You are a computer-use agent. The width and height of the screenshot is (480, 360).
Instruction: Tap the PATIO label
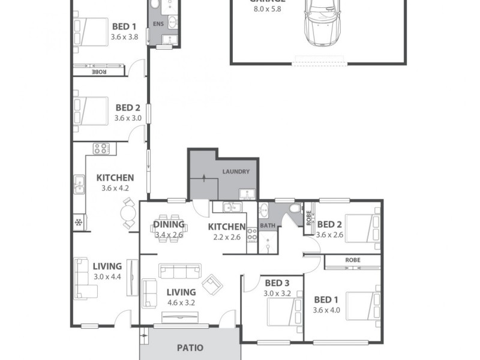(x=190, y=347)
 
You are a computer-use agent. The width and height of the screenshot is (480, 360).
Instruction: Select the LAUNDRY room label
(x=236, y=172)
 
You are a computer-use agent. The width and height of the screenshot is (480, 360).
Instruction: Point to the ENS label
(x=158, y=24)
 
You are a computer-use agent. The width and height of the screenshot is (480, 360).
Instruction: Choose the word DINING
(x=164, y=225)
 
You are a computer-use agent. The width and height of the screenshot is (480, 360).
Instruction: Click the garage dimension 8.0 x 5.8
(x=268, y=10)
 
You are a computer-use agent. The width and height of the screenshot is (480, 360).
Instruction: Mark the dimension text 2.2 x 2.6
(x=227, y=236)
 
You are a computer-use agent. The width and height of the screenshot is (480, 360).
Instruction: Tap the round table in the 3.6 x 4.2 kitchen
(x=129, y=213)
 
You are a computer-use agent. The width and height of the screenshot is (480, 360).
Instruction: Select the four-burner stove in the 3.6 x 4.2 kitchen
(x=100, y=148)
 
